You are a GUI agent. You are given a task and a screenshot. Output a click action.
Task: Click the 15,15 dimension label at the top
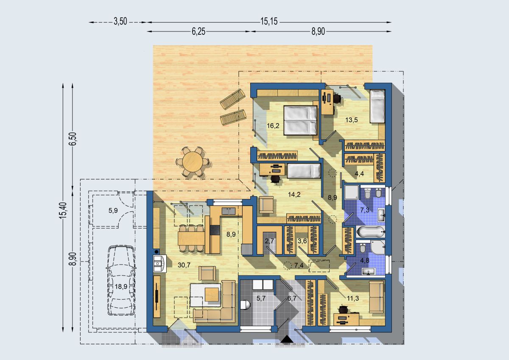[x=269, y=22]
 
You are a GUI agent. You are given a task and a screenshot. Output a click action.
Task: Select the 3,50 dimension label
[x=120, y=22]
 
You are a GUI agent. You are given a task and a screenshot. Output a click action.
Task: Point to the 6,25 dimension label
[x=199, y=31]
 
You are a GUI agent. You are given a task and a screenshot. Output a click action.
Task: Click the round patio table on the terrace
[x=193, y=162]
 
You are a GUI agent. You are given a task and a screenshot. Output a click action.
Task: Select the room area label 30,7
[x=184, y=265]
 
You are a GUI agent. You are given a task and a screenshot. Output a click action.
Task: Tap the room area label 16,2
[x=273, y=126]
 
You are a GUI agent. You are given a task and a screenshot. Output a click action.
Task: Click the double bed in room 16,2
[x=300, y=120]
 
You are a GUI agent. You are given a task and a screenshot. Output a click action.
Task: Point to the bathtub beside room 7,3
[x=370, y=232]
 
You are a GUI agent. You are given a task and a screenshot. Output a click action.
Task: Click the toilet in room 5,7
[x=245, y=305]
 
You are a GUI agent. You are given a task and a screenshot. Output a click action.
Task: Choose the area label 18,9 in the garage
[x=121, y=287]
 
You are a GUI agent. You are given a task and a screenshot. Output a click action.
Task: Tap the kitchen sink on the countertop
[x=229, y=211]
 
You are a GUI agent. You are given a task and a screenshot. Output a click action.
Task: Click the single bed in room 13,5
[x=377, y=106]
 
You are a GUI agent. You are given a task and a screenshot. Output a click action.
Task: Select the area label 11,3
[x=353, y=298]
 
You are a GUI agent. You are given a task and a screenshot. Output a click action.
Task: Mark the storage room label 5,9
[x=113, y=211]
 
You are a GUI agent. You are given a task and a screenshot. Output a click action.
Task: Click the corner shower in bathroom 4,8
[x=378, y=247]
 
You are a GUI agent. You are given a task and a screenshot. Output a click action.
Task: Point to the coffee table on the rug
[x=212, y=294]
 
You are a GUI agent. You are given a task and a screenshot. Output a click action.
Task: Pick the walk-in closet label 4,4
[x=359, y=174]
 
